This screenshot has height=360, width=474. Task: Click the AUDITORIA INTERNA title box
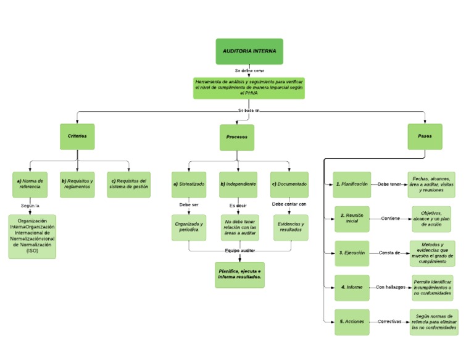point(249,51)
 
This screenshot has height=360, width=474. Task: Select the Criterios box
point(77,136)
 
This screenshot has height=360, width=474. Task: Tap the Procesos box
point(237,137)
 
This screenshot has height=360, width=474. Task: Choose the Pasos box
point(425,136)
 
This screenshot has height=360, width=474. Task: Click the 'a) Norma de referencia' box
point(29,184)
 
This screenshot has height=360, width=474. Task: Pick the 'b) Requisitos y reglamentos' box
point(77,184)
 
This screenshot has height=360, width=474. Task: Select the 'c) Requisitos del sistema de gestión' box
point(129,184)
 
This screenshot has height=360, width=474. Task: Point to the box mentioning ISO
point(31,236)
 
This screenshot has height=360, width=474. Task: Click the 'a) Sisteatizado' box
point(189,184)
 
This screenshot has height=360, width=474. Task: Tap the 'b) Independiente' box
point(239,184)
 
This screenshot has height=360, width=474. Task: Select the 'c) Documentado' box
point(289,184)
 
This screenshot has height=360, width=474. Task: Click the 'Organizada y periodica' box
point(189,227)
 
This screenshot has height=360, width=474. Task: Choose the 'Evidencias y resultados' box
point(290,227)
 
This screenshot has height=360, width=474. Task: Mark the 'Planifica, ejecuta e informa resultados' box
point(239,275)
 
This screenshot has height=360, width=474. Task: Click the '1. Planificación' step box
point(352,184)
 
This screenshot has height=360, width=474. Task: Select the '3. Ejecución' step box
point(352,253)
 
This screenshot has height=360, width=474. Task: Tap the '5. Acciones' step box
point(352,322)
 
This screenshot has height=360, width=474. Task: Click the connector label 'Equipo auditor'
point(239,251)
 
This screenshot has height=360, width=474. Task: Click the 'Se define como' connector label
point(249,71)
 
